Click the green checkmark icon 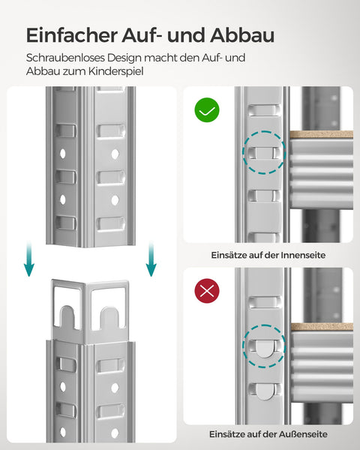point(207,110)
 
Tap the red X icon point(207,290)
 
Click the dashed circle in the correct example point(264,153)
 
